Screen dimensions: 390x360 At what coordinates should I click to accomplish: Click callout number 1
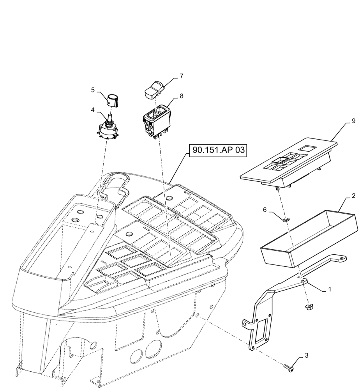330,289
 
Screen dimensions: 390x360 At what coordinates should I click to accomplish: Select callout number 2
353,196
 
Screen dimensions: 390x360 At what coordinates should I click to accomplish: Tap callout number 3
306,355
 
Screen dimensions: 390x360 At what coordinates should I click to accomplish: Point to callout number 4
93,110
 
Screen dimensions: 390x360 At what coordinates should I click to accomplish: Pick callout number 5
93,90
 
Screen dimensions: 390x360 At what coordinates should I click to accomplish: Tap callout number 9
353,121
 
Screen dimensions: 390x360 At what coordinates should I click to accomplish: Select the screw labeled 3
288,367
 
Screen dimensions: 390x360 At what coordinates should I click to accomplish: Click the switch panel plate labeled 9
288,164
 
